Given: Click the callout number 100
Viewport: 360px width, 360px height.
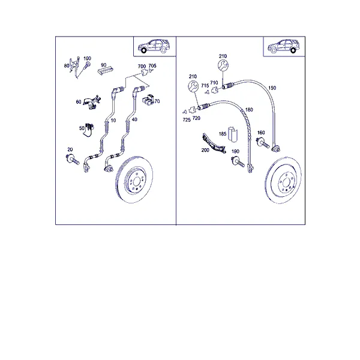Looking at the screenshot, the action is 87,59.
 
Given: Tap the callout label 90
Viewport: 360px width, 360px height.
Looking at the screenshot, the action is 104,65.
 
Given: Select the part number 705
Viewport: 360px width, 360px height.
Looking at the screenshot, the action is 152,66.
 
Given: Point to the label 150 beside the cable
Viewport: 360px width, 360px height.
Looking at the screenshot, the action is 272,88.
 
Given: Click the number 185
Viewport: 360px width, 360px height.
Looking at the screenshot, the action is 223,134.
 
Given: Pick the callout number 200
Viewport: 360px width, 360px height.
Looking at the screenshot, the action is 205,150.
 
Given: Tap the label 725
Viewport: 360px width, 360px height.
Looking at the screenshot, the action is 187,120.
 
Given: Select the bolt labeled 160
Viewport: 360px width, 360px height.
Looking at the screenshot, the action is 263,143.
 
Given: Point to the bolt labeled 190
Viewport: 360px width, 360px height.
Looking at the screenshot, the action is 238,161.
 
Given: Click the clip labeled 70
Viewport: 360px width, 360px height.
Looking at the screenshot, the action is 148,100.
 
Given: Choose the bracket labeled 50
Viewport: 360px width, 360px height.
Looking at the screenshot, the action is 89,130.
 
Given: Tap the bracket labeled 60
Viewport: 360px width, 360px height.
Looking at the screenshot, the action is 92,102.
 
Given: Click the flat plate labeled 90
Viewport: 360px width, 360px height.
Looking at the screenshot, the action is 106,70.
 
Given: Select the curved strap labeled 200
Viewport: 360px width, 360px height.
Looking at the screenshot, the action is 214,143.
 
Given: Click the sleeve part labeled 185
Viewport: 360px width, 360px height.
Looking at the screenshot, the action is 233,134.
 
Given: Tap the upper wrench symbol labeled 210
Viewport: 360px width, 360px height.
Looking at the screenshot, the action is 223,65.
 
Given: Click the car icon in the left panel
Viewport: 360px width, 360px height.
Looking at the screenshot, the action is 154,46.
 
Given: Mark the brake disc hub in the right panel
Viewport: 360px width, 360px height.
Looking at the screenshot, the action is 286,183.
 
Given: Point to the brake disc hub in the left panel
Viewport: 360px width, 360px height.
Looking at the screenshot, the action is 137,182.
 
